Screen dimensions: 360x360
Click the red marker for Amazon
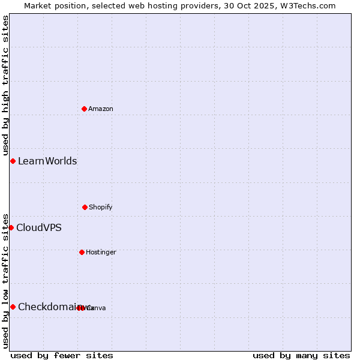(85, 109)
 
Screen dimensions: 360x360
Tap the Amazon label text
(101, 109)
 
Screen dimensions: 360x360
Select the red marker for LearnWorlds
(13, 161)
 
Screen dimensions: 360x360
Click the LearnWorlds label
(47, 161)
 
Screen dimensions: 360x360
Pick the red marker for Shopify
(85, 207)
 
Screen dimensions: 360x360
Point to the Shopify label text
(101, 207)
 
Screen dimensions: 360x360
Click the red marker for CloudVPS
(11, 227)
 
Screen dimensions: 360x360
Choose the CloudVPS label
(39, 227)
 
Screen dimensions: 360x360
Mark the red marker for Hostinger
(82, 252)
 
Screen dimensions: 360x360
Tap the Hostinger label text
(101, 252)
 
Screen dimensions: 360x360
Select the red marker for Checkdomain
(13, 307)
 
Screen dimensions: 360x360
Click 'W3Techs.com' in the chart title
(310, 5)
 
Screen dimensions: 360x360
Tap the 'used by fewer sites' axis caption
(62, 355)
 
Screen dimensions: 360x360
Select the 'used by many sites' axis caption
(301, 355)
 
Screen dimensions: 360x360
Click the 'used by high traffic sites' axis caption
(5, 85)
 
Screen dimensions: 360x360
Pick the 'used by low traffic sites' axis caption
(5, 280)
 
